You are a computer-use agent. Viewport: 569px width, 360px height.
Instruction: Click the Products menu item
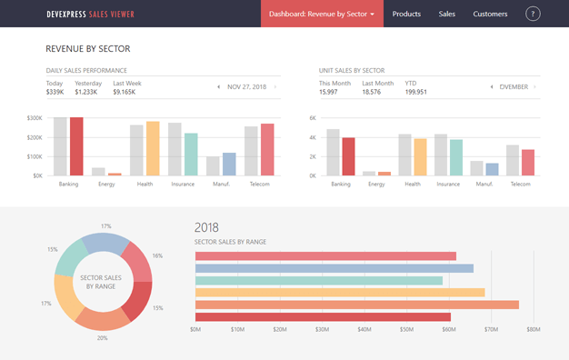[x=405, y=14]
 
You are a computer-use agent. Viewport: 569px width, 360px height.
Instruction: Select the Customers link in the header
[x=490, y=14]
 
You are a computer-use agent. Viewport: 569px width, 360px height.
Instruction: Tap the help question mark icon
[x=533, y=14]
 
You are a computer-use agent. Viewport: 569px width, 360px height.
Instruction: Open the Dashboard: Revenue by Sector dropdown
[x=323, y=14]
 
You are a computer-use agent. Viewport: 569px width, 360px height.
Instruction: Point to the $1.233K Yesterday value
[x=86, y=92]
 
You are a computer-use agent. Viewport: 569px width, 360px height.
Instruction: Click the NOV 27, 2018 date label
[x=247, y=87]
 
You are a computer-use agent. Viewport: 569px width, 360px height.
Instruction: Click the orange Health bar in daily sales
[x=153, y=148]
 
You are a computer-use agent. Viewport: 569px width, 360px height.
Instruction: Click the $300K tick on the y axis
[x=34, y=118]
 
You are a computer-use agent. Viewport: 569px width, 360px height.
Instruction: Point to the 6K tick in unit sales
[x=312, y=118]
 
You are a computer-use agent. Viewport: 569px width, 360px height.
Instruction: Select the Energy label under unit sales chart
[x=375, y=184]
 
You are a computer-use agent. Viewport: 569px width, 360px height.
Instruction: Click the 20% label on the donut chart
[x=102, y=337]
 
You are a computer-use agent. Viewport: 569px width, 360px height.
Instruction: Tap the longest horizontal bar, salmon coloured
[x=356, y=305]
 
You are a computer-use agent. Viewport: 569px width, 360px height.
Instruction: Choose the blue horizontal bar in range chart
[x=334, y=268]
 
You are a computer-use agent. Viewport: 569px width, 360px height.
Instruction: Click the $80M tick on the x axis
[x=533, y=330]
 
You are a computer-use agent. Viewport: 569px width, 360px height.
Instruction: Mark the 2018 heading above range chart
[x=206, y=227]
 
